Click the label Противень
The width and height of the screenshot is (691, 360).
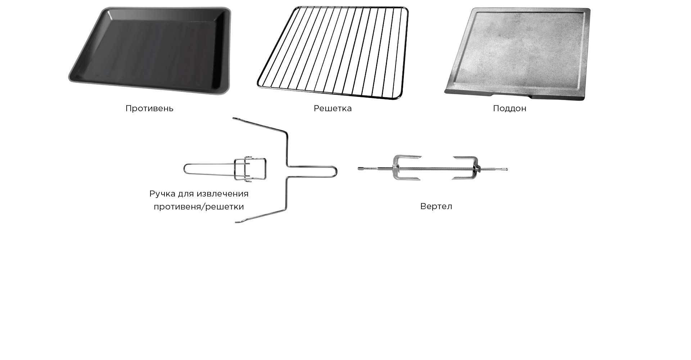point(149,108)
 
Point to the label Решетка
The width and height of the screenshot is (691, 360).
point(333,108)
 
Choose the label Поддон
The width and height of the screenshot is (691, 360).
point(510,108)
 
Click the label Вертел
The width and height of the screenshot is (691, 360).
point(436,206)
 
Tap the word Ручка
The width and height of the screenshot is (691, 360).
point(162,194)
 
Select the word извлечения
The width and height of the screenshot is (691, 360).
point(223,194)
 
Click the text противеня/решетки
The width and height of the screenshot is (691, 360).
point(199,207)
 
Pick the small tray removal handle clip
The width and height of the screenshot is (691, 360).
point(225,168)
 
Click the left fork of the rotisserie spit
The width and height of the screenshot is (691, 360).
point(407,168)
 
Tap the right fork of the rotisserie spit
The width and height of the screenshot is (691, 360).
point(466,168)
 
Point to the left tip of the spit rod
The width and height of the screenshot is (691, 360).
point(359,168)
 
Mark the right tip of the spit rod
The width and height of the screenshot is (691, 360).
point(507,169)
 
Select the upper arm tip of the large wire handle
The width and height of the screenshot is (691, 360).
point(234,118)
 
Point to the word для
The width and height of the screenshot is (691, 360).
point(186,194)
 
